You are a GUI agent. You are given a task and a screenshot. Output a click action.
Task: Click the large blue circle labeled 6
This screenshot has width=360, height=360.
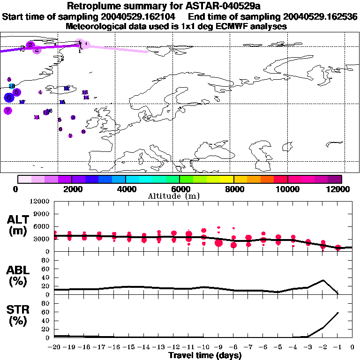(x=8, y=97)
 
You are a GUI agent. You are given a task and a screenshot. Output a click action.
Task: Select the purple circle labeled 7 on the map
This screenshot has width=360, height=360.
(x=7, y=111)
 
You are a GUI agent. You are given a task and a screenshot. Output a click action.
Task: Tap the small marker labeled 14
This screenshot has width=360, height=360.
(x=86, y=97)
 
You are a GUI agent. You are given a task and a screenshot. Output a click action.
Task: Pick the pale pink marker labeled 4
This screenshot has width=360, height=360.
(x=40, y=92)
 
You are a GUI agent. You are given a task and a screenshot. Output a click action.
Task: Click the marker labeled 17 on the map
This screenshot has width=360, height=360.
(x=22, y=102)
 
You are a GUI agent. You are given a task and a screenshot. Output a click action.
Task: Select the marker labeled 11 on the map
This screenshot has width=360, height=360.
(x=37, y=117)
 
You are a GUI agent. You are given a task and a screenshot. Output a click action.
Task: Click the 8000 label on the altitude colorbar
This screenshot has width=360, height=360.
(x=233, y=189)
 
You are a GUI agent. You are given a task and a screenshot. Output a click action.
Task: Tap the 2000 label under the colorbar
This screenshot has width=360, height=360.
(x=71, y=189)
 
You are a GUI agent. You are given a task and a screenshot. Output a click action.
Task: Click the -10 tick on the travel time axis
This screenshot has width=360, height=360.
(x=203, y=347)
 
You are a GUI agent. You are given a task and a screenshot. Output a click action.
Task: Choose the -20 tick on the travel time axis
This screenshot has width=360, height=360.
(x=54, y=347)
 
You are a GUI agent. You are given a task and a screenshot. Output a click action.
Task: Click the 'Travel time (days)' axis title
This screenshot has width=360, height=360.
(x=205, y=355)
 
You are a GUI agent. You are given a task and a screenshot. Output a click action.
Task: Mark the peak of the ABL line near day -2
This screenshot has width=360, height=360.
(x=323, y=280)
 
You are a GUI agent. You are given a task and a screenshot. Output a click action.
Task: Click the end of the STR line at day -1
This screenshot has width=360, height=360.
(x=338, y=312)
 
